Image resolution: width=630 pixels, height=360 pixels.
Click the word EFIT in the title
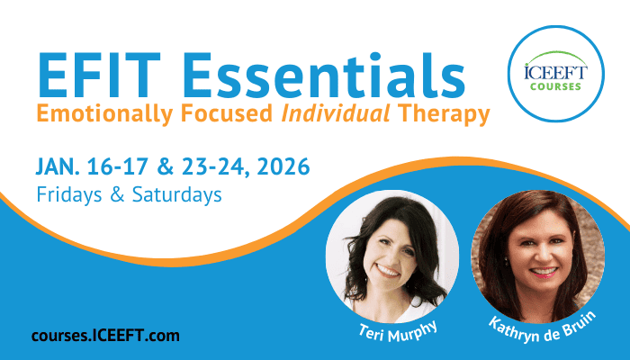click(99, 75)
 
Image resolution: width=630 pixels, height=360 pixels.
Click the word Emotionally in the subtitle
click(105, 114)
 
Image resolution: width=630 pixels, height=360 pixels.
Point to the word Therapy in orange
click(444, 115)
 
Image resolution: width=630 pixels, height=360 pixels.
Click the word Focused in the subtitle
click(227, 113)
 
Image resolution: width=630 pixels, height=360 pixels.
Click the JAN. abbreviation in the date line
click(58, 166)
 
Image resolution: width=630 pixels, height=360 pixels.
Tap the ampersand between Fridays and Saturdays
click(117, 194)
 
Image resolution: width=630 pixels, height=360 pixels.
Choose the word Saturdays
click(176, 194)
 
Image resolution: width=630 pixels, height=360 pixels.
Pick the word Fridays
click(69, 195)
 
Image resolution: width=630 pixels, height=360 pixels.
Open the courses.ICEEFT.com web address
click(105, 336)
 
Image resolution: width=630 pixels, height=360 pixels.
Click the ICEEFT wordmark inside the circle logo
click(555, 73)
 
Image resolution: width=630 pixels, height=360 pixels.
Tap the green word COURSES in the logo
click(555, 86)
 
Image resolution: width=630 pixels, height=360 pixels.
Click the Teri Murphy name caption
click(397, 331)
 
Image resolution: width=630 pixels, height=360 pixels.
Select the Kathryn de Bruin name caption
click(543, 327)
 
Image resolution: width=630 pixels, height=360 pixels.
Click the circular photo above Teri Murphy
click(392, 256)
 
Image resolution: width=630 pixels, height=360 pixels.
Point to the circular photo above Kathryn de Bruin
click(537, 256)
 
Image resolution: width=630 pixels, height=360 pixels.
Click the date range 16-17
click(117, 166)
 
